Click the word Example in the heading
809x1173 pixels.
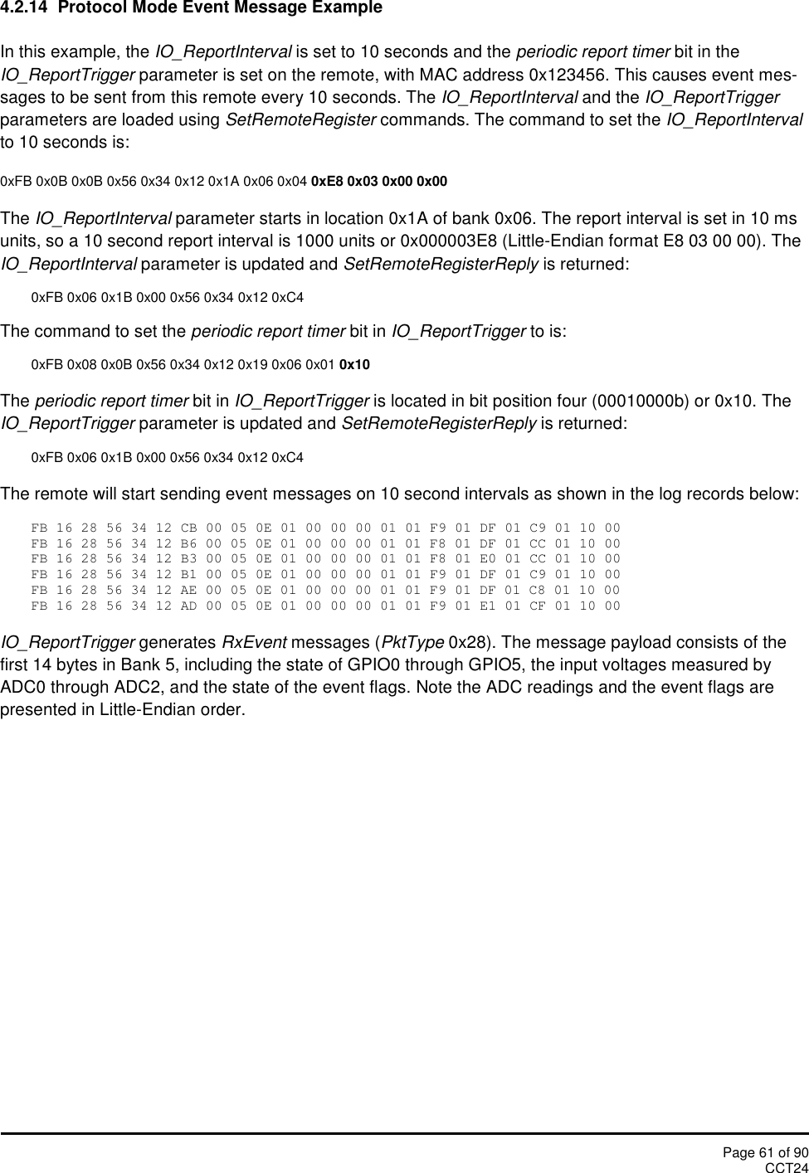[348, 8]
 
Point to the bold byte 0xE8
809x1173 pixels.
[325, 181]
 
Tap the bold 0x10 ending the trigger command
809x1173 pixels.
[355, 365]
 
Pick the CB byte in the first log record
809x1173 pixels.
[188, 528]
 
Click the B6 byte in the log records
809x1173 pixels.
[188, 544]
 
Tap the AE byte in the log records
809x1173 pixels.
[188, 591]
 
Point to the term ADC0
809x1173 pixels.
[20, 688]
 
